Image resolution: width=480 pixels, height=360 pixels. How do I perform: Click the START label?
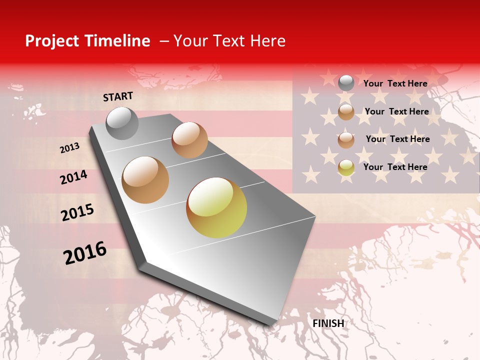(118, 96)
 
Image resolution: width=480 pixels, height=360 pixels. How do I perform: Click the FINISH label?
(328, 323)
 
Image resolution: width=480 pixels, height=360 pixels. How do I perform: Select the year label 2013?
(69, 148)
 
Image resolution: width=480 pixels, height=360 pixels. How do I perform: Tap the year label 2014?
(73, 177)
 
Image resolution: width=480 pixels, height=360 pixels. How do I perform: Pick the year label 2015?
(77, 212)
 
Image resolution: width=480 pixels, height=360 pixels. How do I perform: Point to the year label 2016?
(85, 253)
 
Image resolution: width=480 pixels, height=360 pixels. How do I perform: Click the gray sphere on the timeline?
(122, 123)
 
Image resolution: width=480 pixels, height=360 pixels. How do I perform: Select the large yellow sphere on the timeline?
(216, 207)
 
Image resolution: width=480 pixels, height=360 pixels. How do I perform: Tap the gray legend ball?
(346, 83)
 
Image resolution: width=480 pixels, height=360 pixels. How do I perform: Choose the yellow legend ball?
(346, 167)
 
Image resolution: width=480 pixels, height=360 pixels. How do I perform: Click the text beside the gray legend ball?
(395, 83)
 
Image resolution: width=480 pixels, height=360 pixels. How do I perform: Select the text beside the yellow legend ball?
(395, 167)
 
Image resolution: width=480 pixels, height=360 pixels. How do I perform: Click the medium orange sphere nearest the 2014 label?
(145, 179)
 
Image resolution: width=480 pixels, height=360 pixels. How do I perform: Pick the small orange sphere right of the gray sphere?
(189, 139)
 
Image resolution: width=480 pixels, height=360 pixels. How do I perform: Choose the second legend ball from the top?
(346, 111)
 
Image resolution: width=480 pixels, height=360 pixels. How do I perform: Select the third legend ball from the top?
(346, 139)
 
